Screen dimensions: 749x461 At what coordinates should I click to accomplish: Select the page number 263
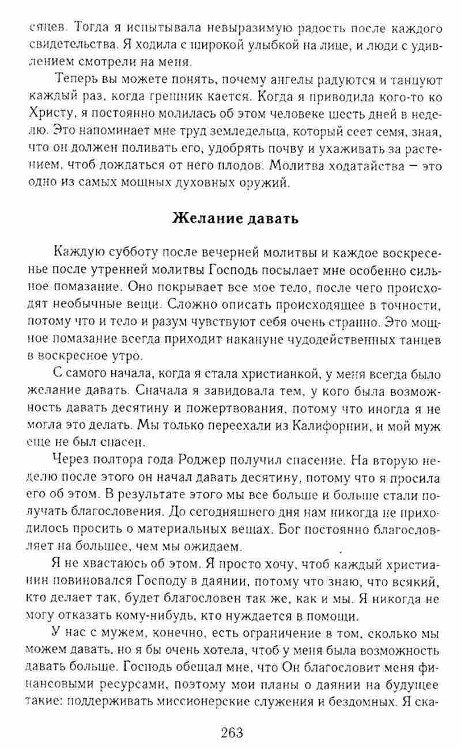tap(231, 733)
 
